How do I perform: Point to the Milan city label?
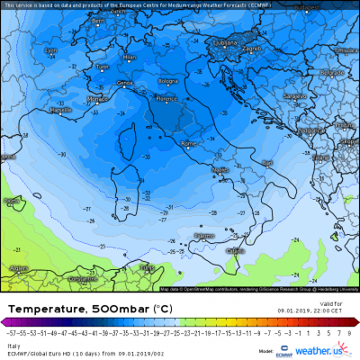129,57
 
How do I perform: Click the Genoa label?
124,83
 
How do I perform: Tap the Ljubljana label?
217,40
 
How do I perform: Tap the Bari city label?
267,162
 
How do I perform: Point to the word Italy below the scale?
13,343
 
